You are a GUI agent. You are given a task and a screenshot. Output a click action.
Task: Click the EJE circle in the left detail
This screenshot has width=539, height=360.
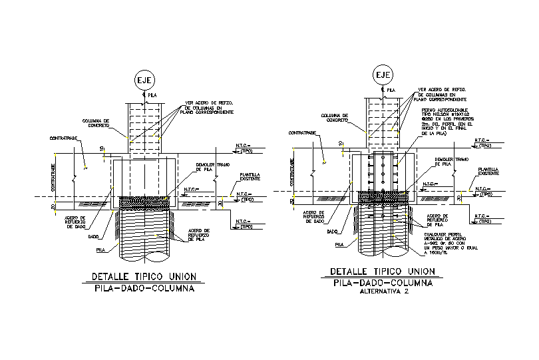point(144,80)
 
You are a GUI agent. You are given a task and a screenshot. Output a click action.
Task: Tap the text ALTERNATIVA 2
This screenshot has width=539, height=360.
point(383,291)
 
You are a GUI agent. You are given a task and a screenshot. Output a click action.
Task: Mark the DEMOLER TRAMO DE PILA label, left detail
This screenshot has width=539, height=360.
point(214,167)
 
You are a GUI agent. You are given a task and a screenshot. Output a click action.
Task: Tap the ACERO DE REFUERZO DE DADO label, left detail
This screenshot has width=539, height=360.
point(70,222)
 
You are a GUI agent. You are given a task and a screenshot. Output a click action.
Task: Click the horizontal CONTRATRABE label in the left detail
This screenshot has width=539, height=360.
point(64,138)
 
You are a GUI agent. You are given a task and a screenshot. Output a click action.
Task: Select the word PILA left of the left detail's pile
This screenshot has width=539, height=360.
point(100,250)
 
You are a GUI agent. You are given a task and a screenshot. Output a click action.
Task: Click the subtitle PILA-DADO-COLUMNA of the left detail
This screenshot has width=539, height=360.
point(143,289)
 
